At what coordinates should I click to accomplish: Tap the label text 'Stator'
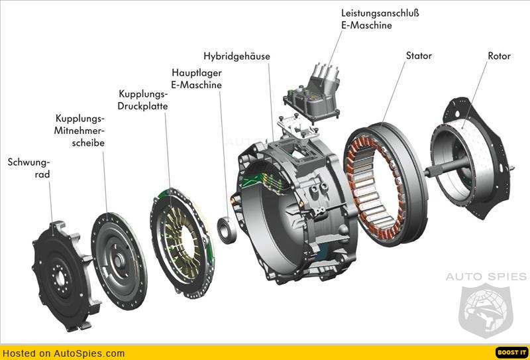(419, 56)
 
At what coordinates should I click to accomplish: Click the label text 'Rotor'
(499, 56)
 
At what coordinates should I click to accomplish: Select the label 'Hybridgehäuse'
(237, 56)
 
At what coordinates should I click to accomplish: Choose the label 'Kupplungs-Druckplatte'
(142, 99)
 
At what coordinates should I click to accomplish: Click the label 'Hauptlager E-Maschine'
(196, 78)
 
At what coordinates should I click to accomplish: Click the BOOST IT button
(511, 353)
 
